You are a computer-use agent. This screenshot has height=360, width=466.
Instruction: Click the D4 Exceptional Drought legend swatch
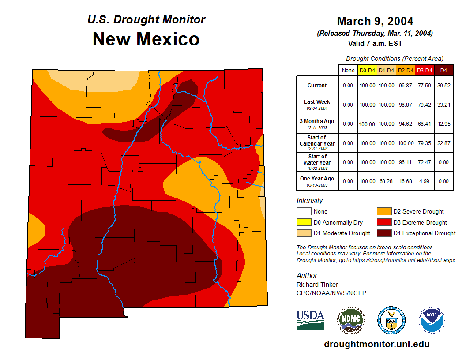point(383,233)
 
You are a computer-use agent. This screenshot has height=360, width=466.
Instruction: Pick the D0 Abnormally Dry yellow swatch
point(304,222)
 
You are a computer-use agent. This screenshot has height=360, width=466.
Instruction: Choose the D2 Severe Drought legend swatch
point(383,212)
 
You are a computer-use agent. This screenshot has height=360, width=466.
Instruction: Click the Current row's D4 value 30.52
point(443,86)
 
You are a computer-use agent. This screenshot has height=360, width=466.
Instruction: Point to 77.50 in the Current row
point(425,86)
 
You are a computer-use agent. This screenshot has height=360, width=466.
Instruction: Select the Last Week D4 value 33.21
point(443,105)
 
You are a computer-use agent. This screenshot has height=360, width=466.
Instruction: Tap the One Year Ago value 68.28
point(386,181)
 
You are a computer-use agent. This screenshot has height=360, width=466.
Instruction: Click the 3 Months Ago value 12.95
point(443,124)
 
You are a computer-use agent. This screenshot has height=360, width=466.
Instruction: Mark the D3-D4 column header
point(425,70)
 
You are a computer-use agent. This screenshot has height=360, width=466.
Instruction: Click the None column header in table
point(348,70)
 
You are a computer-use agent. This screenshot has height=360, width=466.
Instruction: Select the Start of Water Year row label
point(317,162)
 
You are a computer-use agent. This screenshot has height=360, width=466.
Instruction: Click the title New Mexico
point(146,39)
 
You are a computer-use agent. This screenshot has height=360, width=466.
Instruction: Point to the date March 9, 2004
point(375,21)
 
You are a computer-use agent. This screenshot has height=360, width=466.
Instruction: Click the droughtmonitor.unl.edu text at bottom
point(376,344)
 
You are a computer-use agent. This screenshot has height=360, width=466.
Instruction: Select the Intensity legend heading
point(310,200)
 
